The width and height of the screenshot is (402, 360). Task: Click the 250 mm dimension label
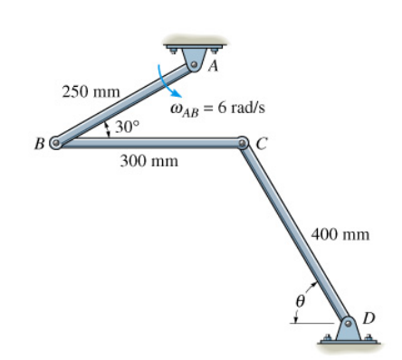(x=85, y=91)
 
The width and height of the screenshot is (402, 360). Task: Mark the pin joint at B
(x=56, y=142)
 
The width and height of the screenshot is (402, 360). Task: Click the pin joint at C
(x=243, y=142)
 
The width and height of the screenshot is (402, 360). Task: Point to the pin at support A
(x=194, y=64)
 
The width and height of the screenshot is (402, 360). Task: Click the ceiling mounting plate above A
(x=194, y=43)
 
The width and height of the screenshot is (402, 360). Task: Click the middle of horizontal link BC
(x=149, y=142)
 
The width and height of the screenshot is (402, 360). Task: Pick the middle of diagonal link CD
(x=296, y=232)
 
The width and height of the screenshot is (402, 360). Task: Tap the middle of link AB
(x=125, y=103)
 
